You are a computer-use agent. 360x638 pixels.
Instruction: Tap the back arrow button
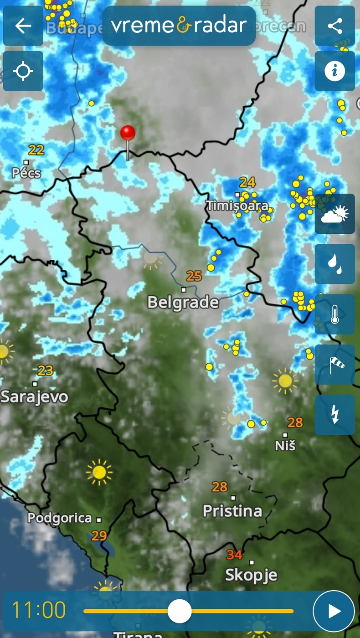pyautogui.click(x=23, y=26)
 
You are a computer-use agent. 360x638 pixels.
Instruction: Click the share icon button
pyautogui.click(x=334, y=26)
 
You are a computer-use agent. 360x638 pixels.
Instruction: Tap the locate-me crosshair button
pyautogui.click(x=23, y=71)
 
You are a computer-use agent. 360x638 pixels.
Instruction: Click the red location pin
pyautogui.click(x=128, y=134)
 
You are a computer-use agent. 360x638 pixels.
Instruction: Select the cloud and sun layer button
pyautogui.click(x=334, y=214)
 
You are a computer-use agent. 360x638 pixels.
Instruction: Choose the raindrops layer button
pyautogui.click(x=334, y=264)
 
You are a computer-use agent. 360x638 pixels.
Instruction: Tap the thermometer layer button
pyautogui.click(x=334, y=314)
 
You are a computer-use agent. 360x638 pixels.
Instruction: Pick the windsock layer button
pyautogui.click(x=334, y=364)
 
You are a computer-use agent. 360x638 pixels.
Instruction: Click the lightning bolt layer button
pyautogui.click(x=334, y=414)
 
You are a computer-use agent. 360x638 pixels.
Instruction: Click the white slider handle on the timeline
pyautogui.click(x=179, y=611)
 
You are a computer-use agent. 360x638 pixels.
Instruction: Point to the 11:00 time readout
pyautogui.click(x=39, y=610)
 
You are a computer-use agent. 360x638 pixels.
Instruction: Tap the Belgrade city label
pyautogui.click(x=183, y=302)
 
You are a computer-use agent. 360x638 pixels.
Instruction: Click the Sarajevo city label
pyautogui.click(x=35, y=396)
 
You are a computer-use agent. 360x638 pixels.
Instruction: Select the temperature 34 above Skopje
pyautogui.click(x=234, y=555)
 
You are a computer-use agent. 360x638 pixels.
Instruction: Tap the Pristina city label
pyautogui.click(x=232, y=511)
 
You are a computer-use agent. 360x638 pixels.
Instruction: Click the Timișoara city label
pyautogui.click(x=237, y=206)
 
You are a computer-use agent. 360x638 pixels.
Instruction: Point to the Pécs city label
pyautogui.click(x=26, y=173)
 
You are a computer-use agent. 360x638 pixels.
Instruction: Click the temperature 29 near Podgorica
pyautogui.click(x=99, y=535)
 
